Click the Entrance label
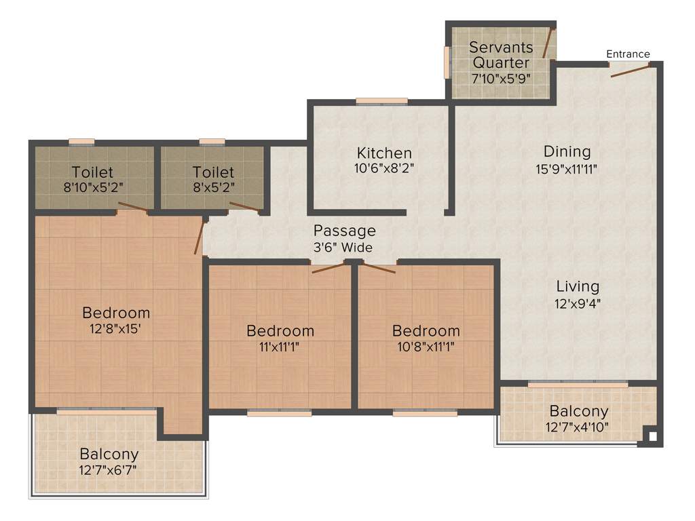pyautogui.click(x=628, y=54)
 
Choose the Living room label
pyautogui.click(x=578, y=286)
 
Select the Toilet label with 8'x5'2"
pyautogui.click(x=212, y=172)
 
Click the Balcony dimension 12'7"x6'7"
pyautogui.click(x=109, y=469)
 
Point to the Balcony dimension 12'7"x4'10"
pyautogui.click(x=579, y=427)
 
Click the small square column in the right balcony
pyautogui.click(x=652, y=437)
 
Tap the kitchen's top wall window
pyautogui.click(x=381, y=101)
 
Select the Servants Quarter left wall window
pyautogui.click(x=447, y=62)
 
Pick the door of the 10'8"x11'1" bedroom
pyautogui.click(x=377, y=267)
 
